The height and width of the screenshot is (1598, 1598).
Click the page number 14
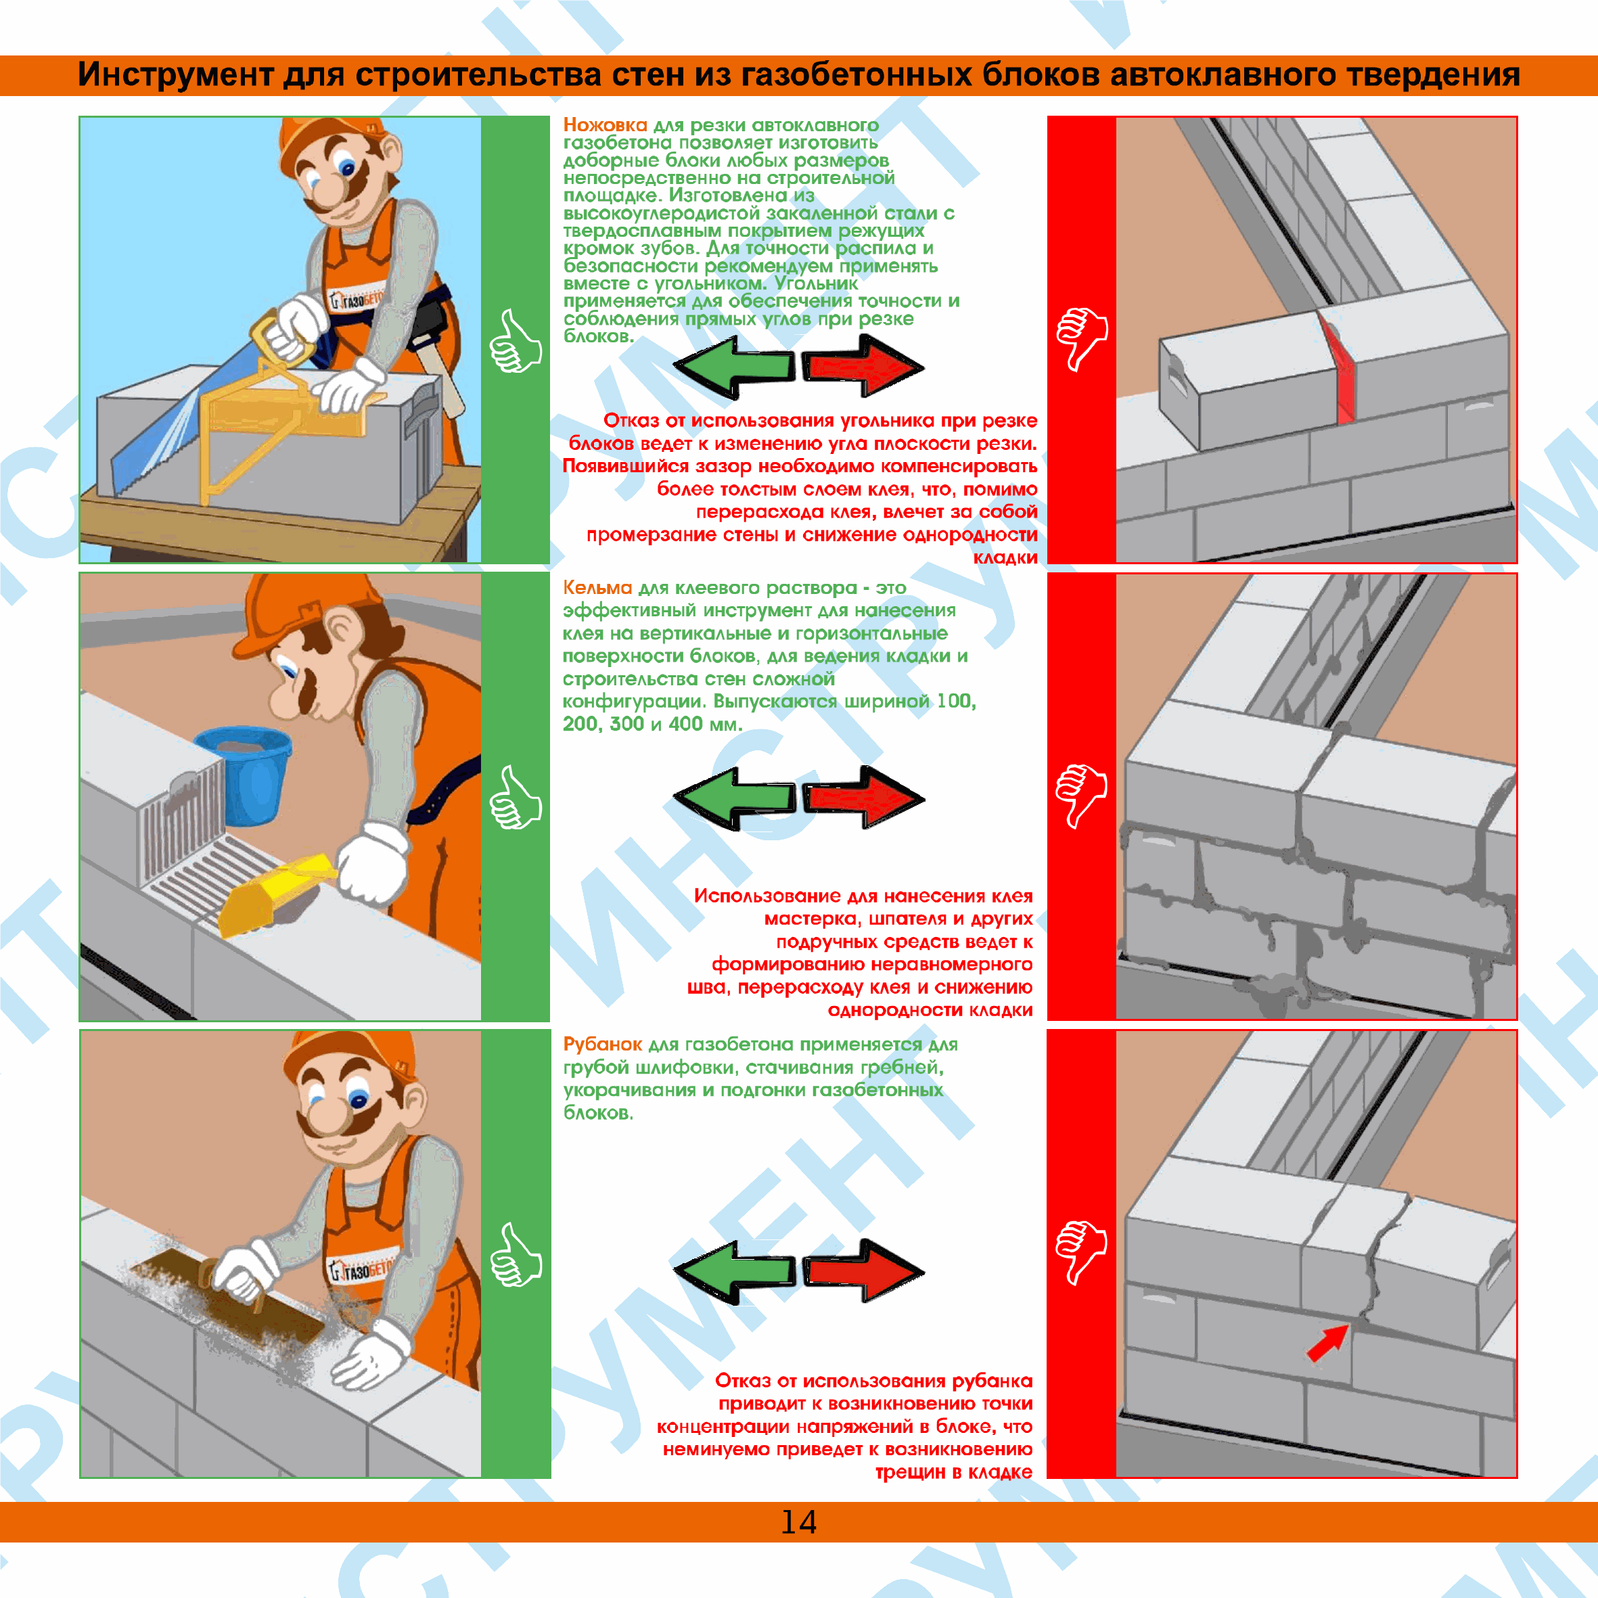point(798,1522)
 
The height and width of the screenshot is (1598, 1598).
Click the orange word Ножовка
point(605,125)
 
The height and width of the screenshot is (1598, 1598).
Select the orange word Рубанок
point(602,1045)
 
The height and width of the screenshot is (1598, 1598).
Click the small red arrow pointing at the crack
point(1326,1344)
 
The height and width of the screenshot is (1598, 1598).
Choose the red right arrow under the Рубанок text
point(863,1271)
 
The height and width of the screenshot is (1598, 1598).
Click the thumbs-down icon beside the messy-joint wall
point(1080,794)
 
